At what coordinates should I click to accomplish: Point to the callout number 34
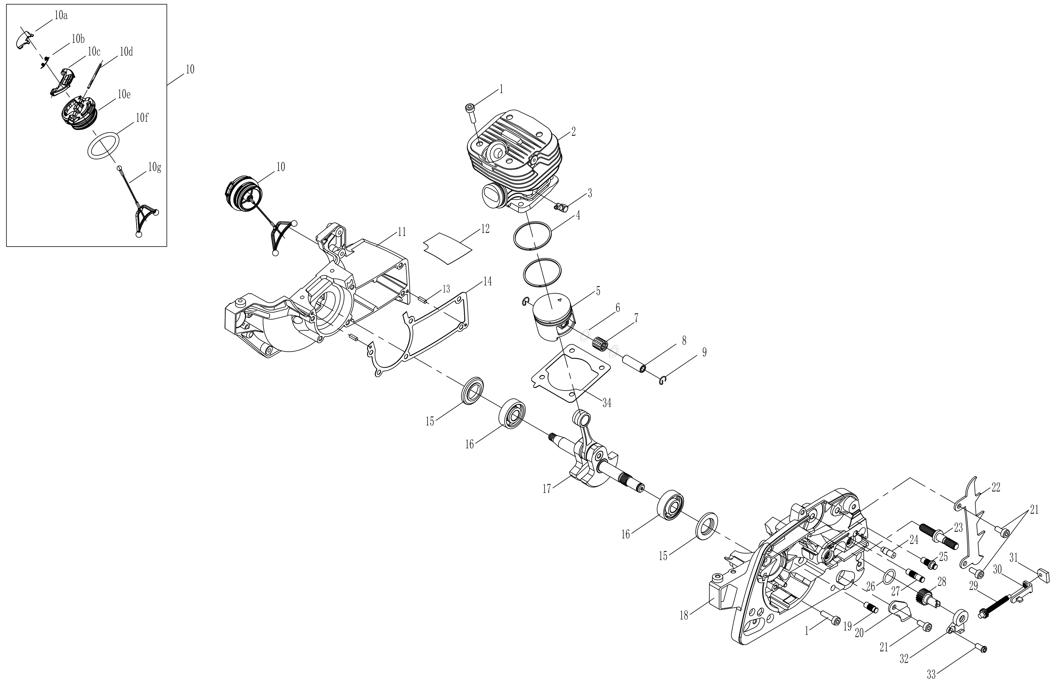click(x=606, y=403)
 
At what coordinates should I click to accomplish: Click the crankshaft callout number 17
click(x=547, y=489)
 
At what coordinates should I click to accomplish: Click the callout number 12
click(x=485, y=229)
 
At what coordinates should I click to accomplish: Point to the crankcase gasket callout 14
click(x=487, y=281)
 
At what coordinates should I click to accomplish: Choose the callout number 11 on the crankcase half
click(x=401, y=232)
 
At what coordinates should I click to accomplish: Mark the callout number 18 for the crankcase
click(x=684, y=616)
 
